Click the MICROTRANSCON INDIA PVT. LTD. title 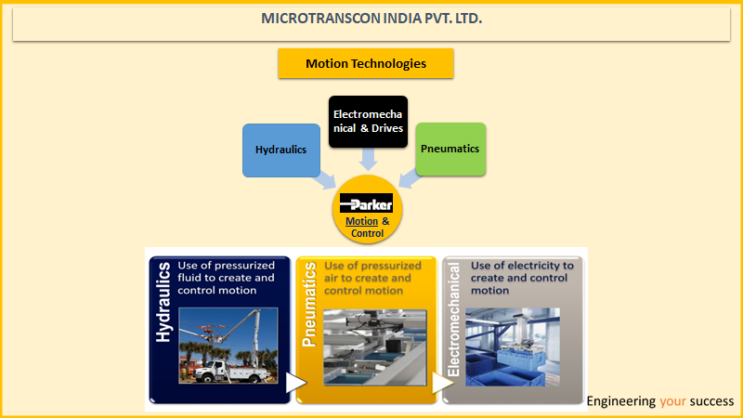click(x=371, y=19)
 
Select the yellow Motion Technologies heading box click(x=366, y=63)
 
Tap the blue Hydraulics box click(x=281, y=150)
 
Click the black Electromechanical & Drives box click(x=368, y=122)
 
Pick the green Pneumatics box click(x=450, y=150)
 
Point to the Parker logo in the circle click(x=366, y=203)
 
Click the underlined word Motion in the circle click(x=361, y=221)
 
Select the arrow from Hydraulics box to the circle click(x=325, y=180)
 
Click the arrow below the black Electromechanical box click(x=368, y=159)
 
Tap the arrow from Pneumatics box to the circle click(x=410, y=178)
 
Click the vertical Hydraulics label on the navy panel click(x=163, y=303)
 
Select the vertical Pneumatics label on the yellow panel click(x=309, y=305)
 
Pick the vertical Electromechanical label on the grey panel click(x=453, y=320)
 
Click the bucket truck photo click(x=228, y=346)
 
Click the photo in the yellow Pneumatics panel click(x=375, y=347)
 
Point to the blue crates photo click(x=513, y=346)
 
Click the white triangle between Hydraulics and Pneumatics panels click(x=295, y=383)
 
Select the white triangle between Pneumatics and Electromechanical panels click(x=442, y=383)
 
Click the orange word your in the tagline click(x=672, y=402)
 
